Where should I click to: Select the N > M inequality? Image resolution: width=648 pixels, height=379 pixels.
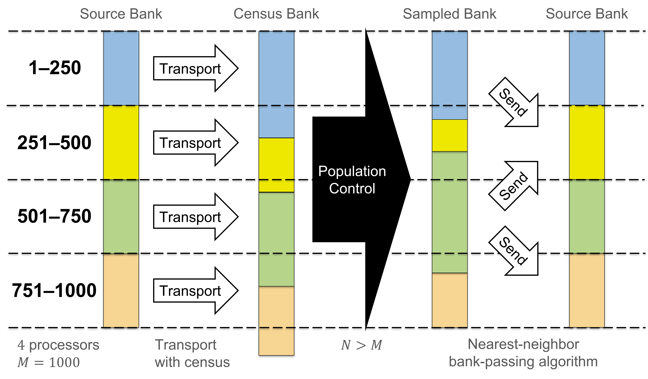[x=361, y=345]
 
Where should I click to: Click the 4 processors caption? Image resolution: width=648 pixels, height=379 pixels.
[x=58, y=345]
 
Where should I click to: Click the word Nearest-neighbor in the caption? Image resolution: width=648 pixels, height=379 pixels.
[x=523, y=344]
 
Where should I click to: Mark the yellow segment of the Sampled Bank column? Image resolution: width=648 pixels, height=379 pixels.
[x=450, y=135]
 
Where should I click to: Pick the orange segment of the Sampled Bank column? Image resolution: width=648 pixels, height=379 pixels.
[x=450, y=300]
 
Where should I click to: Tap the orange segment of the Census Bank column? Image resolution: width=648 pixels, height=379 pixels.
[x=276, y=321]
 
